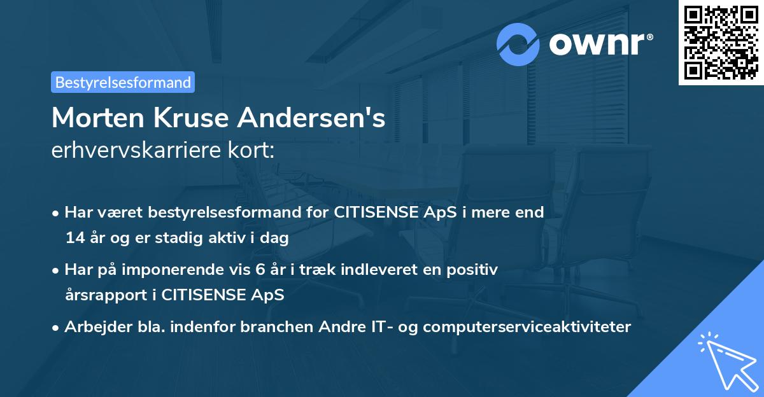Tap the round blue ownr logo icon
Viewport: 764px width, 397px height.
(518, 44)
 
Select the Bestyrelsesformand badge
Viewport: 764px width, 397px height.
(123, 82)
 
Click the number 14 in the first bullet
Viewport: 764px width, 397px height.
(74, 239)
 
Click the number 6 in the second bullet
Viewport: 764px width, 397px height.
(260, 270)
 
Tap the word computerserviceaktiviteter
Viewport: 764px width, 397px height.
(527, 327)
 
